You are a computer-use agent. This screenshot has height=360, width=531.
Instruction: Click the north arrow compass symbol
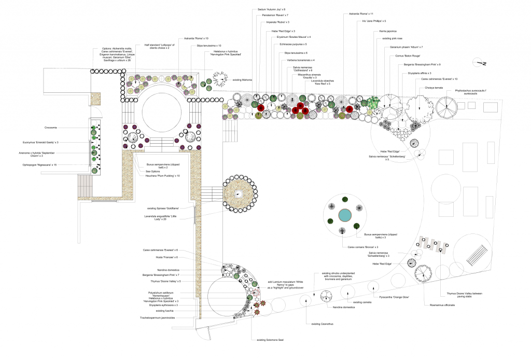(481, 64)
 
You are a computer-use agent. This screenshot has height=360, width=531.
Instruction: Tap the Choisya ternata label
(434, 88)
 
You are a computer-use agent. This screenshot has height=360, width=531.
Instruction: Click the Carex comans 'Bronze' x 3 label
(363, 247)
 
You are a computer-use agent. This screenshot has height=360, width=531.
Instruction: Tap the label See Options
(153, 171)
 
